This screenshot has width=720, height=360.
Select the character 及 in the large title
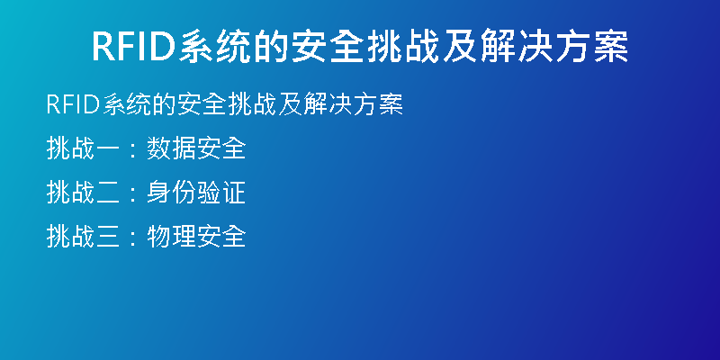pyautogui.click(x=461, y=47)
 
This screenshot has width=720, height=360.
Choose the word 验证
pyautogui.click(x=221, y=193)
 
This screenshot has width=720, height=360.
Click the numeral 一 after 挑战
pyautogui.click(x=109, y=148)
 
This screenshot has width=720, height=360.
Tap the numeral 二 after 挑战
pyautogui.click(x=109, y=193)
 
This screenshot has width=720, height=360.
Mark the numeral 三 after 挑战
pyautogui.click(x=109, y=237)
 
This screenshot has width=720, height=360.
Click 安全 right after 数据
pyautogui.click(x=221, y=148)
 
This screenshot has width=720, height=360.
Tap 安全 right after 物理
pyautogui.click(x=221, y=237)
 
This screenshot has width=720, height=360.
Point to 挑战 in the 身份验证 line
pyautogui.click(x=71, y=193)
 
